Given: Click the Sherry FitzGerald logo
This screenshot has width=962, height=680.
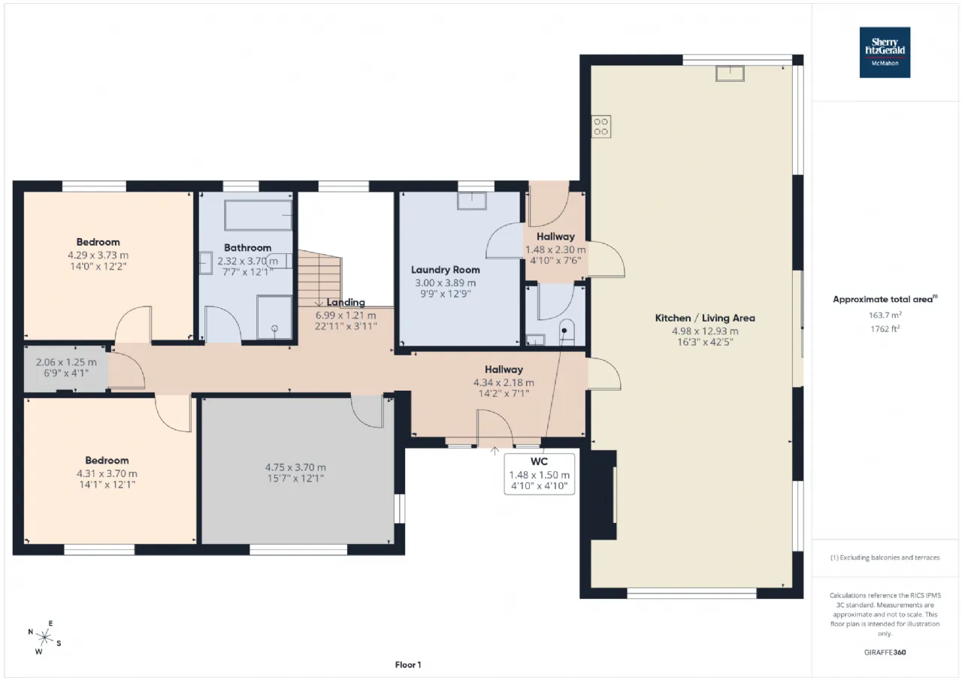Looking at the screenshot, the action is tap(885, 53).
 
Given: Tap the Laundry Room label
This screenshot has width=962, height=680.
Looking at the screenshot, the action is tap(446, 270).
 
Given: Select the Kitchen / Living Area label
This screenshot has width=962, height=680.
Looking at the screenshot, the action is tap(705, 318).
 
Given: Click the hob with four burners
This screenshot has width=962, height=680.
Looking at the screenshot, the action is tap(600, 127).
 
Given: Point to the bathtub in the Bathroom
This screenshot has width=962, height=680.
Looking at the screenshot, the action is tap(258, 215).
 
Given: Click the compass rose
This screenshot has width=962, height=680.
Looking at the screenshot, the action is tap(44, 637).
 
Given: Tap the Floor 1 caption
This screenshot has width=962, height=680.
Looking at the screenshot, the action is tap(408, 664).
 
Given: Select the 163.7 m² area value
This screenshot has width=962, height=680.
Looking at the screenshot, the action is tap(885, 315).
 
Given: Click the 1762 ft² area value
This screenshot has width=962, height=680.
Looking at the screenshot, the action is tap(885, 329).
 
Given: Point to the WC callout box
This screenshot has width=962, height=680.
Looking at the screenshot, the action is tap(540, 474).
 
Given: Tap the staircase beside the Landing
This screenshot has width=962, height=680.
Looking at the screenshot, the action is tap(320, 278).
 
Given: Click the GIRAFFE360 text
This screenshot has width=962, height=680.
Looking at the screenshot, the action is tap(885, 652).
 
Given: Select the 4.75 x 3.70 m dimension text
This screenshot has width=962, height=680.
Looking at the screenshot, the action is tap(295, 467).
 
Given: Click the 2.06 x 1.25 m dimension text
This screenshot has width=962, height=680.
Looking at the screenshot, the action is tap(66, 362).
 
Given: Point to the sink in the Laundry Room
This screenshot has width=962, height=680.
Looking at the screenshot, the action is tap(471, 201).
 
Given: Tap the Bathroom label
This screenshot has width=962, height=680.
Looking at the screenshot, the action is tap(248, 248).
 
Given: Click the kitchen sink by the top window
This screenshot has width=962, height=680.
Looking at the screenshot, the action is tap(730, 74).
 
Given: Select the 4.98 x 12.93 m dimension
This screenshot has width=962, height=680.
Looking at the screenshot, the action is tap(705, 331).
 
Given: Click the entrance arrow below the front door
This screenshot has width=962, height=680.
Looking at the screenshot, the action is tap(495, 451).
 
